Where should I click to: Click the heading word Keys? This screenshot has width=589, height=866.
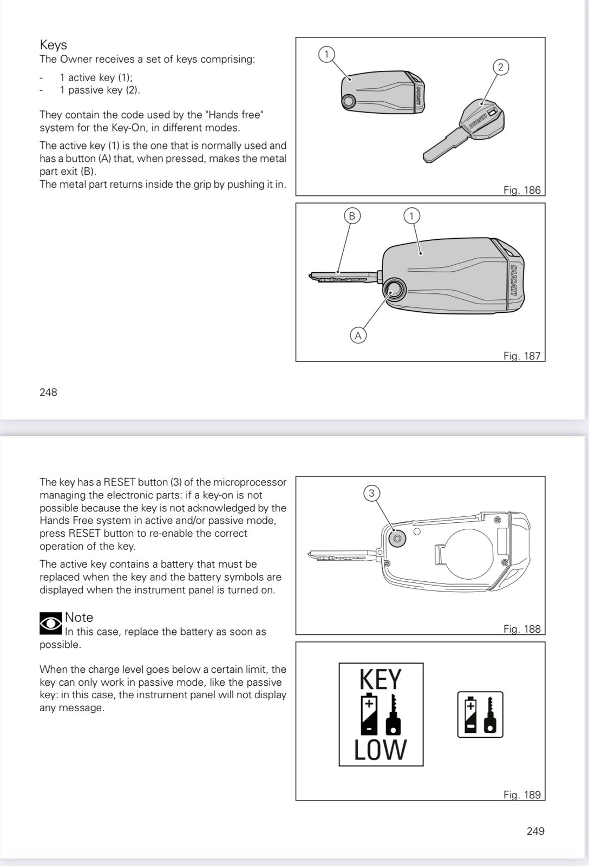coord(53,45)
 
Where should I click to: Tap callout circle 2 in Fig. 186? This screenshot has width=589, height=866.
coord(500,67)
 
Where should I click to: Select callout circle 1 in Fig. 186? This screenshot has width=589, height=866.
coord(326,54)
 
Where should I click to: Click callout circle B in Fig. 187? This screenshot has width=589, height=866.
coord(352,216)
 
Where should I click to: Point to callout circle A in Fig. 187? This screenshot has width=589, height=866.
coord(358,336)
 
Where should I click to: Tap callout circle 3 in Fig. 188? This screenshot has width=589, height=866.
coord(371,493)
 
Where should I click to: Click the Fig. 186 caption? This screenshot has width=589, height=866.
coord(522,190)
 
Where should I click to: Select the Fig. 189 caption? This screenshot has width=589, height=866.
coord(522,795)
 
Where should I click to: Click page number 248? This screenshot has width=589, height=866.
coord(48,392)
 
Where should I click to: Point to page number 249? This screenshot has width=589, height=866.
coord(535,831)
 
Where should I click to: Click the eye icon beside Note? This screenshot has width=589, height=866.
coord(51,624)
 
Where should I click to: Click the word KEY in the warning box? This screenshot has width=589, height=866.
coord(381,680)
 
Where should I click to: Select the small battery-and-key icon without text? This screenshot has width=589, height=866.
coord(480,714)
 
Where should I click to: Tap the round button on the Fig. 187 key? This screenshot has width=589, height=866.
coord(395,291)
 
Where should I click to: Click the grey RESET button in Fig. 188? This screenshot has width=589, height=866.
coord(397,539)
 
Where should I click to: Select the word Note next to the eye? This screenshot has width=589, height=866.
coord(79,618)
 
